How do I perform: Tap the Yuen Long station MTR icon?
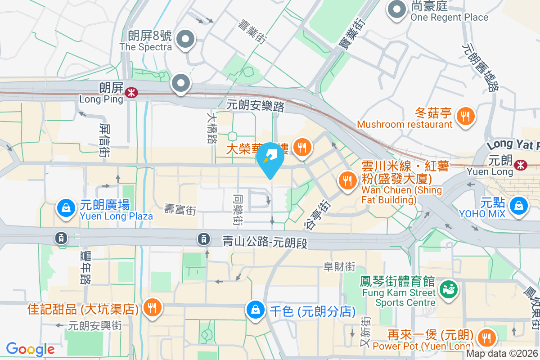click(x=521, y=165)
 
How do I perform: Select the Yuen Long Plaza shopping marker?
click(x=66, y=208)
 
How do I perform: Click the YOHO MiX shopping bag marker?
click(x=519, y=206)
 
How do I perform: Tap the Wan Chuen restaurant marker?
click(x=347, y=180)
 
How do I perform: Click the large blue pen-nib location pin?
click(x=270, y=158)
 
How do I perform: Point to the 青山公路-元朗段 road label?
click(x=265, y=243)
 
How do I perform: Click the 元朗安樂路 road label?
click(x=256, y=106)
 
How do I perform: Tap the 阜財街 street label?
click(x=340, y=266)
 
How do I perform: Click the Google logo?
click(x=30, y=349)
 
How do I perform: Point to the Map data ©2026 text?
click(x=502, y=354)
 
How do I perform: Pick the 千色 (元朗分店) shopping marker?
click(x=255, y=310)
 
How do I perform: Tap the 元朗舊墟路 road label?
click(x=481, y=67)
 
